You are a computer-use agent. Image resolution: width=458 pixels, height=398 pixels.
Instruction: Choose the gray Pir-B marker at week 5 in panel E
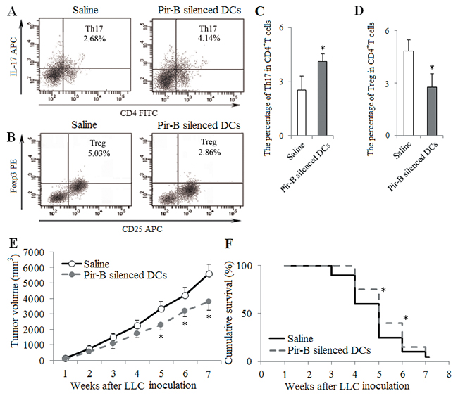tap(161, 326)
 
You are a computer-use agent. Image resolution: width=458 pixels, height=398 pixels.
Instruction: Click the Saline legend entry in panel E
tap(99, 265)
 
